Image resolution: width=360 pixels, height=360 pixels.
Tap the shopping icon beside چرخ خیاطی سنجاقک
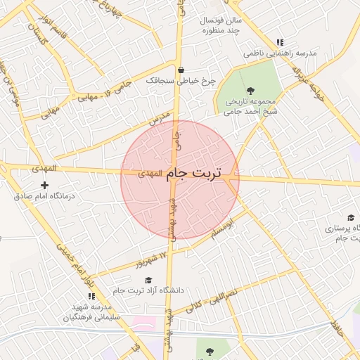pyautogui.click(x=182, y=70)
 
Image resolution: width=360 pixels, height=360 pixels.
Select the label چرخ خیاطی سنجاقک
pyautogui.click(x=179, y=82)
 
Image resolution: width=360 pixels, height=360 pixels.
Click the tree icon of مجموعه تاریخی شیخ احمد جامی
pyautogui.click(x=251, y=89)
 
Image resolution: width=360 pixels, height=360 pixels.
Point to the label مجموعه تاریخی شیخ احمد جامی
pyautogui.click(x=251, y=106)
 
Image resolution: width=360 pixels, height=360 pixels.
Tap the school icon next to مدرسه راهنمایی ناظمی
pyautogui.click(x=281, y=42)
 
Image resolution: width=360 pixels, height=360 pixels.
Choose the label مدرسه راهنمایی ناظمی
pyautogui.click(x=281, y=53)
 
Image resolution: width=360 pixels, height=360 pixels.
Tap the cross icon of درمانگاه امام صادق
pyautogui.click(x=45, y=185)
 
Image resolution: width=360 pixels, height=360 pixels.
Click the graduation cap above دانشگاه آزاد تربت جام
pyautogui.click(x=147, y=280)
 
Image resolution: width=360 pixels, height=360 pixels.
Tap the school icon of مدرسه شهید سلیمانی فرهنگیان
pyautogui.click(x=91, y=296)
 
